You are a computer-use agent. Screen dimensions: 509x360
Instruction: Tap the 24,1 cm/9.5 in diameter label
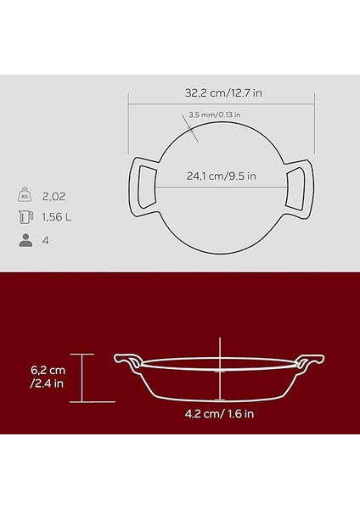coord(221,177)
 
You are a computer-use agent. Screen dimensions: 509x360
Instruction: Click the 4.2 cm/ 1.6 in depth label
coord(220,416)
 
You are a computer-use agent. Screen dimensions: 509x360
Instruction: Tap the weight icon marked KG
coord(25,194)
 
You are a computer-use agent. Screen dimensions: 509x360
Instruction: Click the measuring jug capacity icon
coord(25,217)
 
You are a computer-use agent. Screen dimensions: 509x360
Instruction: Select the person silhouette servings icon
coord(25,240)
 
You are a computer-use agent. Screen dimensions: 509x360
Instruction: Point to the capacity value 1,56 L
coord(58,217)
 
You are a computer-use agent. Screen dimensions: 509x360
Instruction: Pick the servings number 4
coord(45,240)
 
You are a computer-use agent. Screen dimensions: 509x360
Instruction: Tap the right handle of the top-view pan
coord(300,186)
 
